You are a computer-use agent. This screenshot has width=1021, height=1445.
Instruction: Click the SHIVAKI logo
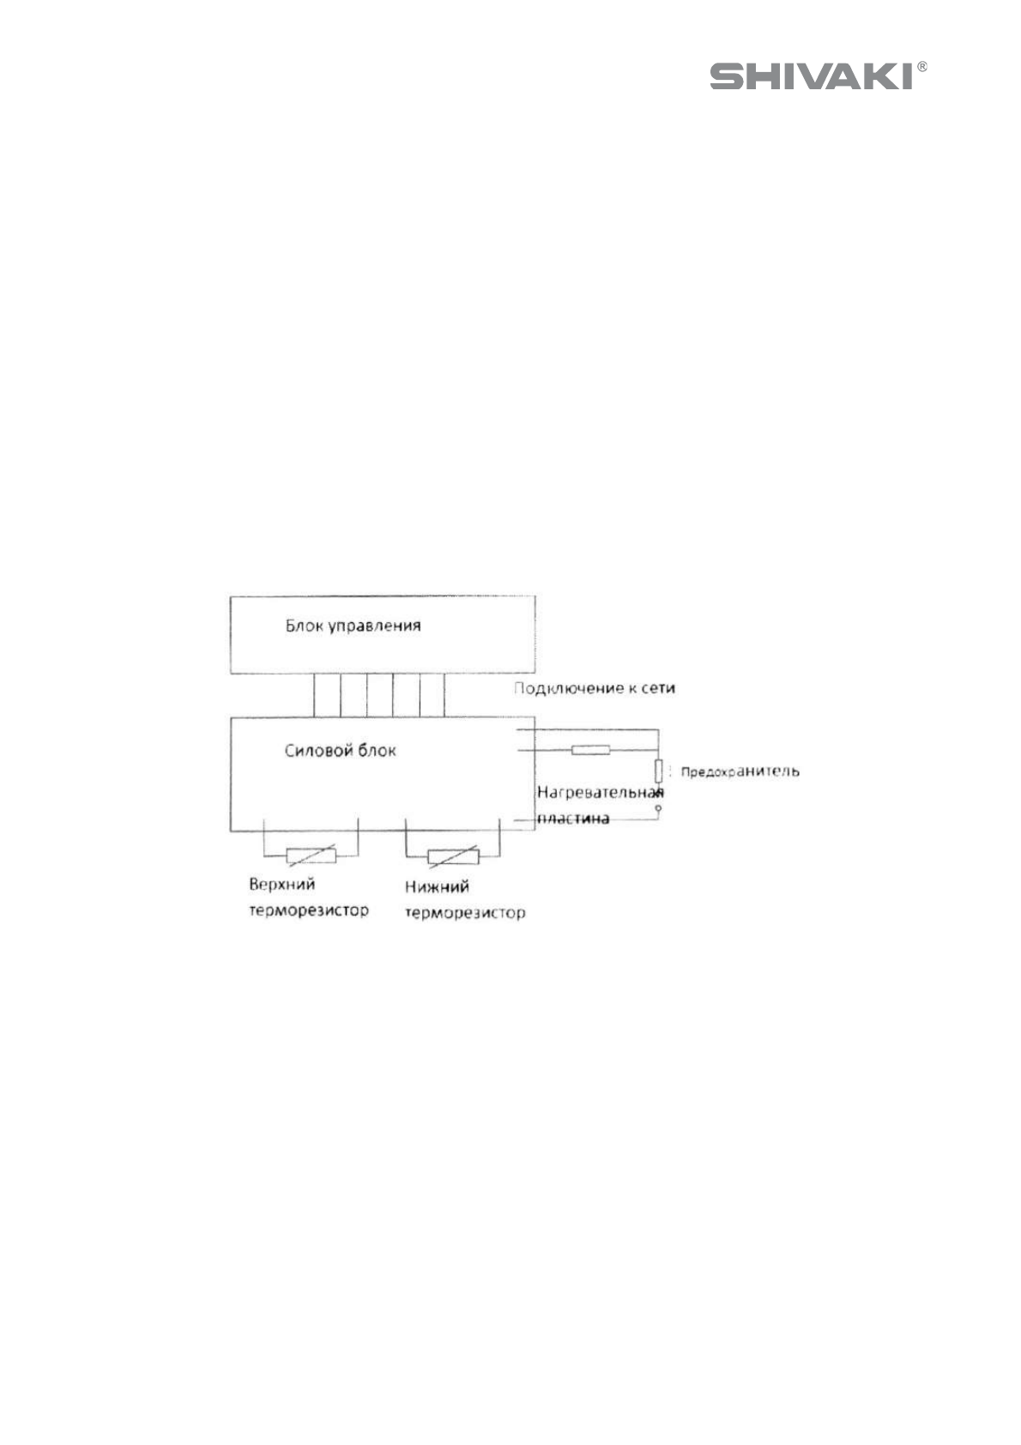tap(810, 77)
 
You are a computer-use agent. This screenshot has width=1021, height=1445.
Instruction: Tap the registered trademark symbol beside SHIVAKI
tap(921, 66)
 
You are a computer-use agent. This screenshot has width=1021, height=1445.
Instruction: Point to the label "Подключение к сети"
tap(594, 687)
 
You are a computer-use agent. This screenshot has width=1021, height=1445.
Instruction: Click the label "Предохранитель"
tap(740, 771)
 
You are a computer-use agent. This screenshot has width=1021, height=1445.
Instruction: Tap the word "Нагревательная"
tap(600, 792)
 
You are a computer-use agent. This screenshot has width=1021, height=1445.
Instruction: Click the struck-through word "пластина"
tap(573, 818)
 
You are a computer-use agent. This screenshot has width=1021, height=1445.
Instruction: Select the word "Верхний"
tap(281, 885)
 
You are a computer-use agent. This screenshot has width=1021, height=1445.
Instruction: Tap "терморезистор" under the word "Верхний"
tap(308, 910)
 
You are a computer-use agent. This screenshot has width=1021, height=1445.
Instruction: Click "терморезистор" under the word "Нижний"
tap(464, 912)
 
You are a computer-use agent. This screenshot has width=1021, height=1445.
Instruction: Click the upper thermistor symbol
tap(311, 855)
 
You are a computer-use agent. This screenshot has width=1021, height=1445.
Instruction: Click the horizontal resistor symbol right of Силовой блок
tap(590, 750)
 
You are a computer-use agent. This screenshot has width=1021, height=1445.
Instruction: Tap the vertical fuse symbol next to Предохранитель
tap(658, 770)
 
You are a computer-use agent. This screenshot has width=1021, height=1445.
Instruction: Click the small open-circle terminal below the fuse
tap(658, 808)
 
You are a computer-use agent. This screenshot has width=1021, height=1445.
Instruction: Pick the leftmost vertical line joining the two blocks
tap(314, 695)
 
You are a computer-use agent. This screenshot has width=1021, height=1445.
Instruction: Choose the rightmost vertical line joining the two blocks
tap(444, 695)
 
